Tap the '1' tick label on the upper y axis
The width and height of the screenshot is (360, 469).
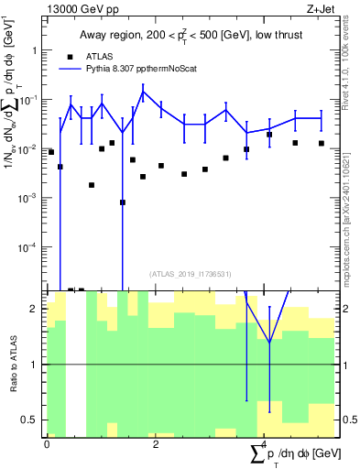tap(36, 50)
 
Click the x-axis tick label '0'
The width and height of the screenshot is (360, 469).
tap(47, 444)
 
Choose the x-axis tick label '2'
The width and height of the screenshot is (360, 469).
tap(156, 444)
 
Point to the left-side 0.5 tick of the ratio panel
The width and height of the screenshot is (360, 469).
tap(32, 420)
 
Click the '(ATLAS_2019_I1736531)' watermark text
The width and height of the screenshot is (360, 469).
tap(191, 273)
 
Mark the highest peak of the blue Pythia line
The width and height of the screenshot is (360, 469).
tap(143, 91)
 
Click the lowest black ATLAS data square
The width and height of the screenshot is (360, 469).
tap(122, 202)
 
